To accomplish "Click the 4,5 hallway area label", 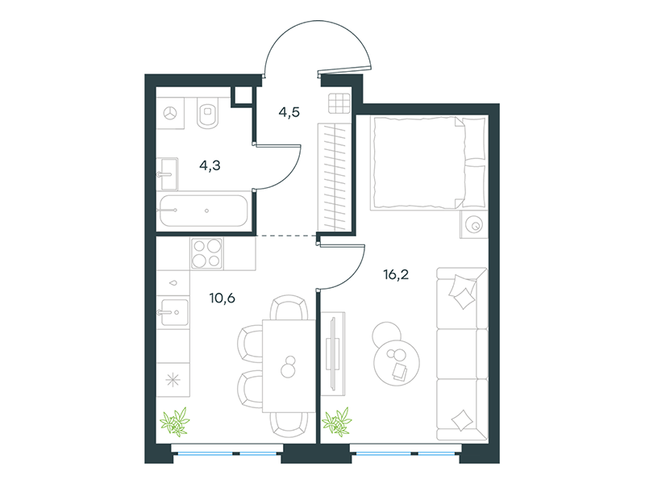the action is (x=289, y=112).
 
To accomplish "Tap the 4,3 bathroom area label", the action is (x=210, y=165).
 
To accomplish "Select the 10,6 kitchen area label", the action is (x=223, y=298).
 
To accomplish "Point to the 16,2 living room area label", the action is (x=396, y=274).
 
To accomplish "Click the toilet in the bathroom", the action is (x=209, y=113).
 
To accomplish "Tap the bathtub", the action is (x=204, y=211).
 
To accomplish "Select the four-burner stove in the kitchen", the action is (x=207, y=253).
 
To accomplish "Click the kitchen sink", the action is (x=174, y=312).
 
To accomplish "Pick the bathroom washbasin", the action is (x=168, y=174).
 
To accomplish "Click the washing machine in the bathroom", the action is (x=170, y=113).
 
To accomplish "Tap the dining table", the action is (x=289, y=366).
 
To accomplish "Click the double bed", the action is (x=428, y=163).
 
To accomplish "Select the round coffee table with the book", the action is (x=397, y=362).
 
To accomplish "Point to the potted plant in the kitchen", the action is (x=174, y=421).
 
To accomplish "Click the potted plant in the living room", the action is (x=337, y=421).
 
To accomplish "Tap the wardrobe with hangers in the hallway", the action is (x=335, y=177).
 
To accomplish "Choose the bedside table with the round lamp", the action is (x=473, y=225).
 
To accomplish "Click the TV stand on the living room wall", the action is (x=333, y=353).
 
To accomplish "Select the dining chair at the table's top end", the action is (x=289, y=307).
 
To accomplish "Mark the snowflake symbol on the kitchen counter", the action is (x=173, y=379).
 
